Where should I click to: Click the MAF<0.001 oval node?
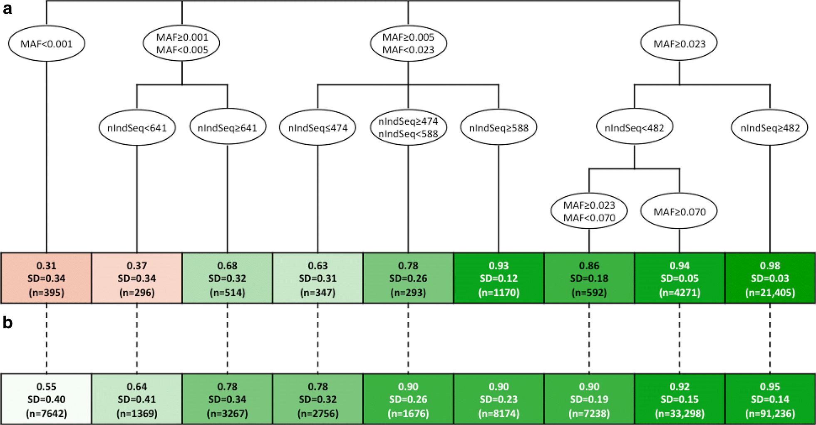point(46,44)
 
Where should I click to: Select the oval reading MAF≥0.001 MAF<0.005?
point(182,43)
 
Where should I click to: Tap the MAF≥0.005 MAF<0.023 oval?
point(408,43)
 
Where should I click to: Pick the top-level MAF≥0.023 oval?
point(679,44)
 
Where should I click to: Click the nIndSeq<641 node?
point(137,128)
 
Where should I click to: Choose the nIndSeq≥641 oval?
point(227,128)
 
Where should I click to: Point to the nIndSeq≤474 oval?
point(317,128)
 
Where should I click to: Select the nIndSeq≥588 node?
point(499,128)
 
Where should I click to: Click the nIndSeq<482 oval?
point(634,128)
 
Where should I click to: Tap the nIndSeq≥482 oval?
point(770,128)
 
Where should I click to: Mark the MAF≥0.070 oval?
point(679,212)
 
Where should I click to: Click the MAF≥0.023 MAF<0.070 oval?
point(589,211)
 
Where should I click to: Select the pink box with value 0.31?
point(46,278)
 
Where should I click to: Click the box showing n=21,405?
point(770,278)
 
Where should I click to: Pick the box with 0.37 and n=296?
point(137,278)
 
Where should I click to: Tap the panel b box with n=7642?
point(46,399)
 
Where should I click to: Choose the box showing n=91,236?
point(770,399)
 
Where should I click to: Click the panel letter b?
point(7,323)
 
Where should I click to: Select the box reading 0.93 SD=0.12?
point(499,278)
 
